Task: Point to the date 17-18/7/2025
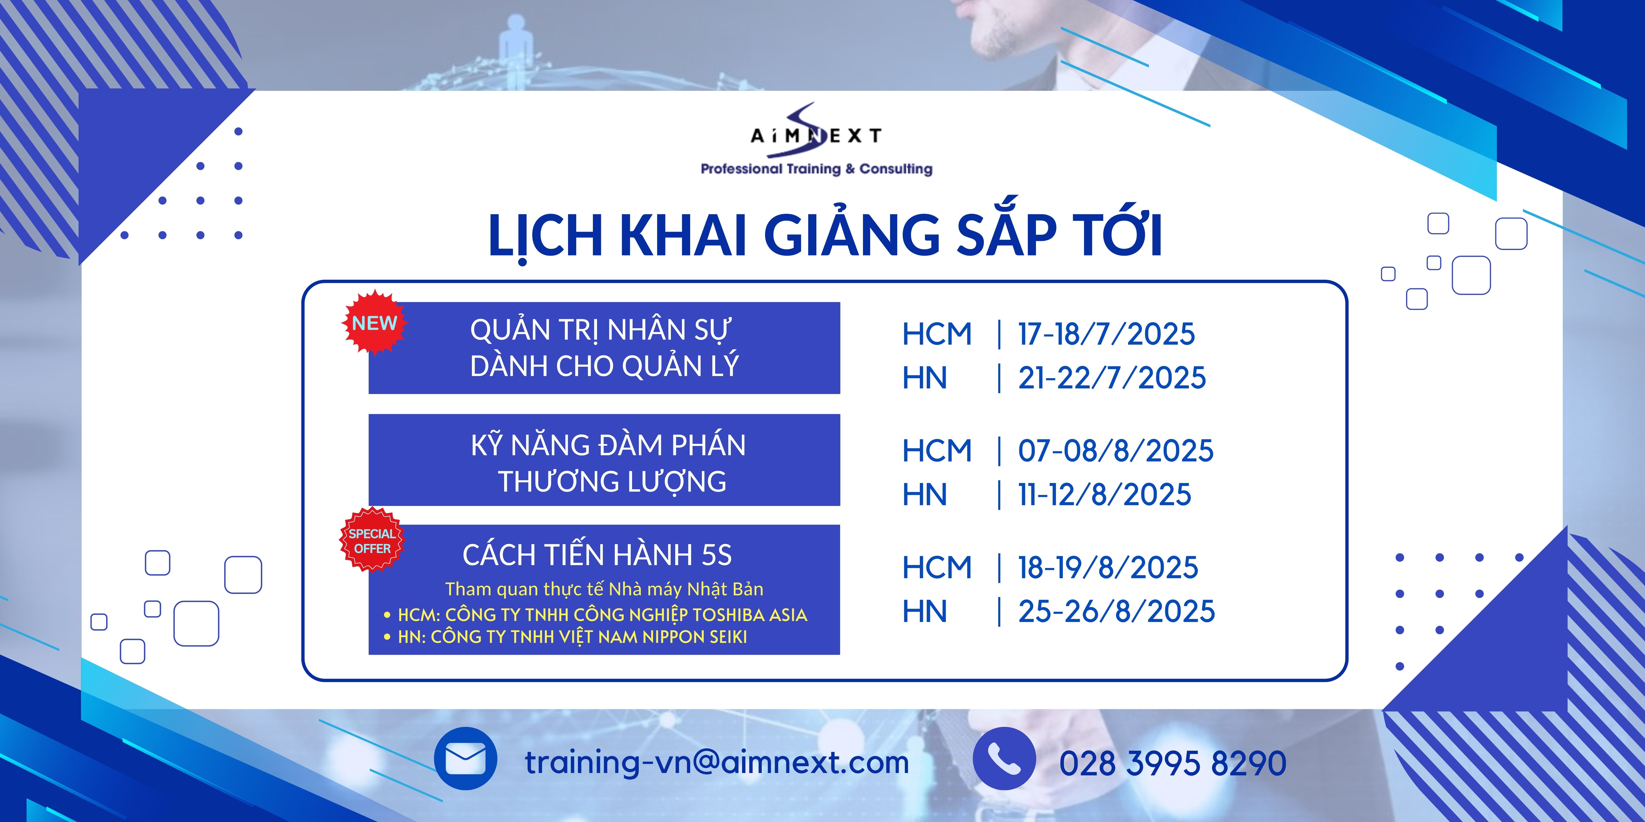1106,334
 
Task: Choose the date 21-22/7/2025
1112,378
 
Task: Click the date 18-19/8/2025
1108,567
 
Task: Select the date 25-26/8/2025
1116,612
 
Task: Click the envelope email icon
466,759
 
